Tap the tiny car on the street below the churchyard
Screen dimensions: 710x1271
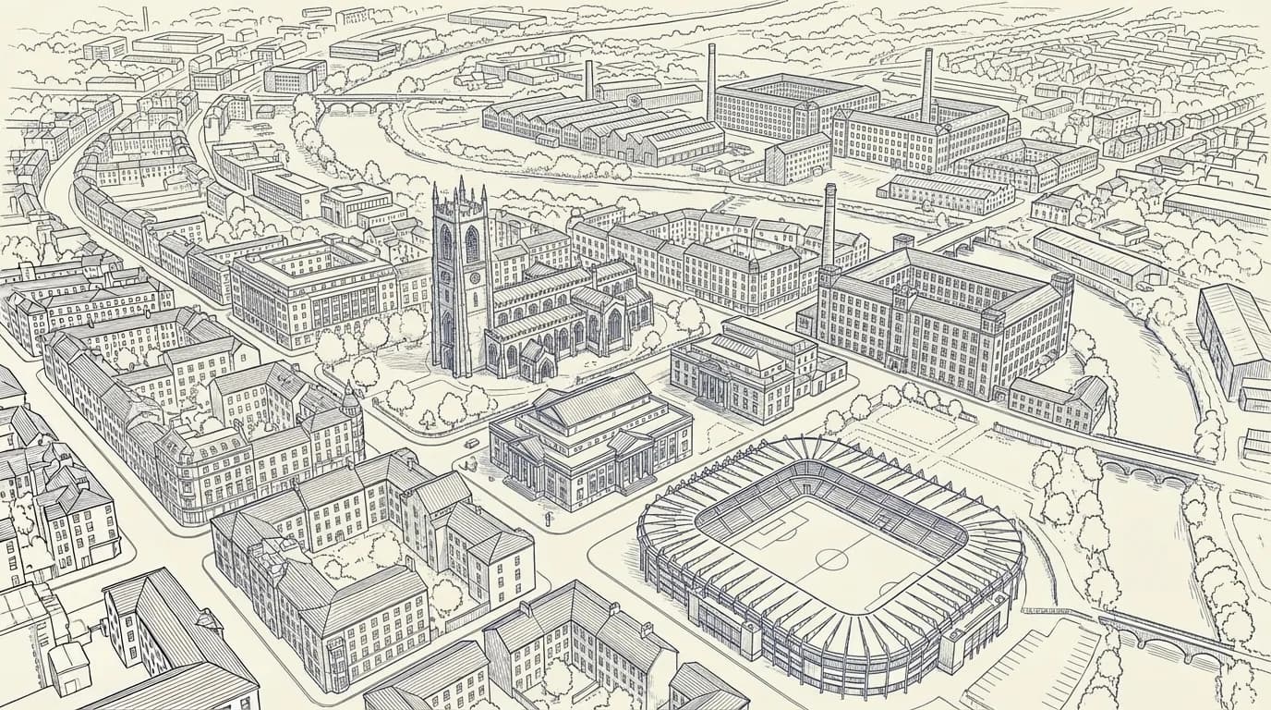(473, 443)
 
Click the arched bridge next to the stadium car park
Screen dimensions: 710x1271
(1173, 638)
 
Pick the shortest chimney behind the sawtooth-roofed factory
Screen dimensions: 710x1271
(588, 80)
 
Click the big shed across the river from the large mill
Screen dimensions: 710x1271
(1232, 333)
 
